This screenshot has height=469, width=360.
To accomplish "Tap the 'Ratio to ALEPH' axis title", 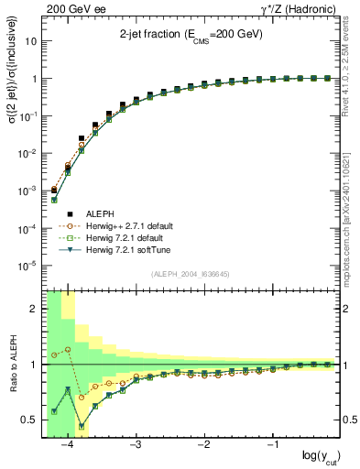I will coord(12,365).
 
